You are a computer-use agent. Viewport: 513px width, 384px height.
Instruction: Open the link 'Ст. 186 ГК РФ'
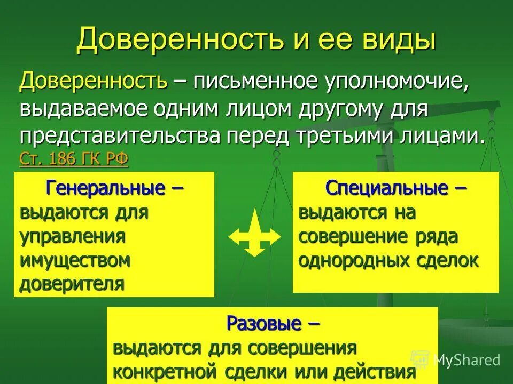[74, 159]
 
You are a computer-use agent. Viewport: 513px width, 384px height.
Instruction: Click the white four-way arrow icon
[254, 234]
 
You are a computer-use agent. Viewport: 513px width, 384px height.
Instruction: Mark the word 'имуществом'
[75, 260]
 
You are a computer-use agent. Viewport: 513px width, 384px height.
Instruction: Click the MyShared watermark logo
[457, 360]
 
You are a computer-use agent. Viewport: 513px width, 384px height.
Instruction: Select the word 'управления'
[73, 236]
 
